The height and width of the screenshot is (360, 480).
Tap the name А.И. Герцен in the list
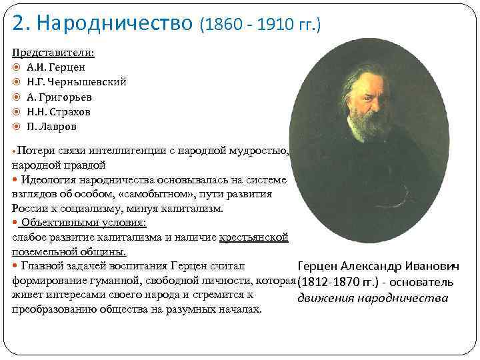coord(56,67)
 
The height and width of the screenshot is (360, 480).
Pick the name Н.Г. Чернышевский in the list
coord(77,82)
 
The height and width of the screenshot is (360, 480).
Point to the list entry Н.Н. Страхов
coord(59,111)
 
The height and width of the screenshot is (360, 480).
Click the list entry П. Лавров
coord(53,126)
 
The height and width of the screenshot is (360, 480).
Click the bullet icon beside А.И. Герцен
coord(17,67)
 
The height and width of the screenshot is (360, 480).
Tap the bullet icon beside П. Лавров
coord(17,126)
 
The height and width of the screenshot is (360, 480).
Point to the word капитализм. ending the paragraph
coord(192,208)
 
